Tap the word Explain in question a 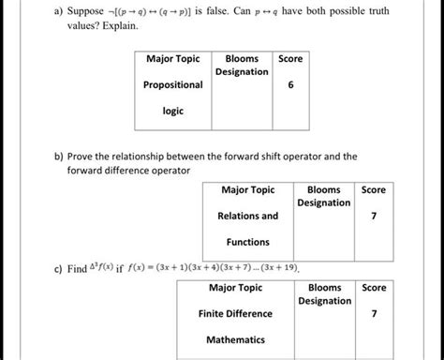point(118,27)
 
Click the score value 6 point(291,83)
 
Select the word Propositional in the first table point(173,84)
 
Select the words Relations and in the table point(248,216)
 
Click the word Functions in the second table point(248,242)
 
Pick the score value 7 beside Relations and point(374,216)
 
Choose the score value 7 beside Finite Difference point(374,313)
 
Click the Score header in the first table point(291,58)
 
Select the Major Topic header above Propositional point(173,59)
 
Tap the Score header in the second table point(374,189)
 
